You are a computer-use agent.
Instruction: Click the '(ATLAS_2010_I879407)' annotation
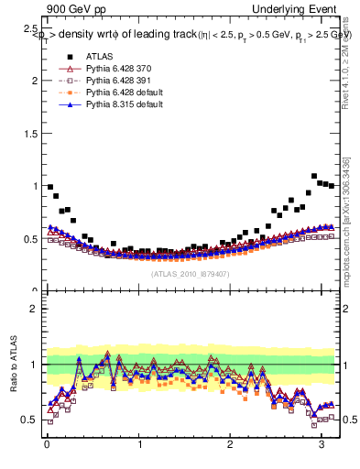point(191,274)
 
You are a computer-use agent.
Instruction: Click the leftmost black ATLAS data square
point(50,186)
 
